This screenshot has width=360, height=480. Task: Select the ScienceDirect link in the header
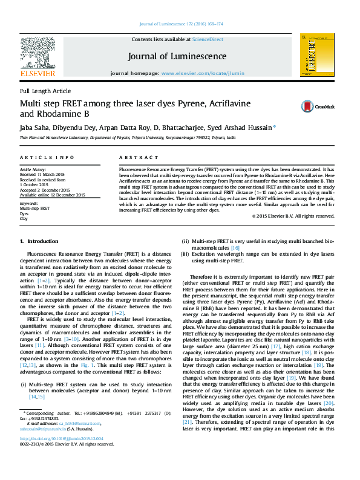click(x=208, y=39)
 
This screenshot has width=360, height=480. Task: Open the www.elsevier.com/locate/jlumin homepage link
click(x=203, y=73)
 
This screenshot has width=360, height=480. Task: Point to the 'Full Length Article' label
click(x=45, y=91)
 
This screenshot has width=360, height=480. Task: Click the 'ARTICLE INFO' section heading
click(x=43, y=157)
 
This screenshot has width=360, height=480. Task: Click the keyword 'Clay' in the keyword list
click(x=24, y=218)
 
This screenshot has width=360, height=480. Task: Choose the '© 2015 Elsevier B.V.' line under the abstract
click(x=293, y=215)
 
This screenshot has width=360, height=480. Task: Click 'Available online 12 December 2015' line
click(x=53, y=195)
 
